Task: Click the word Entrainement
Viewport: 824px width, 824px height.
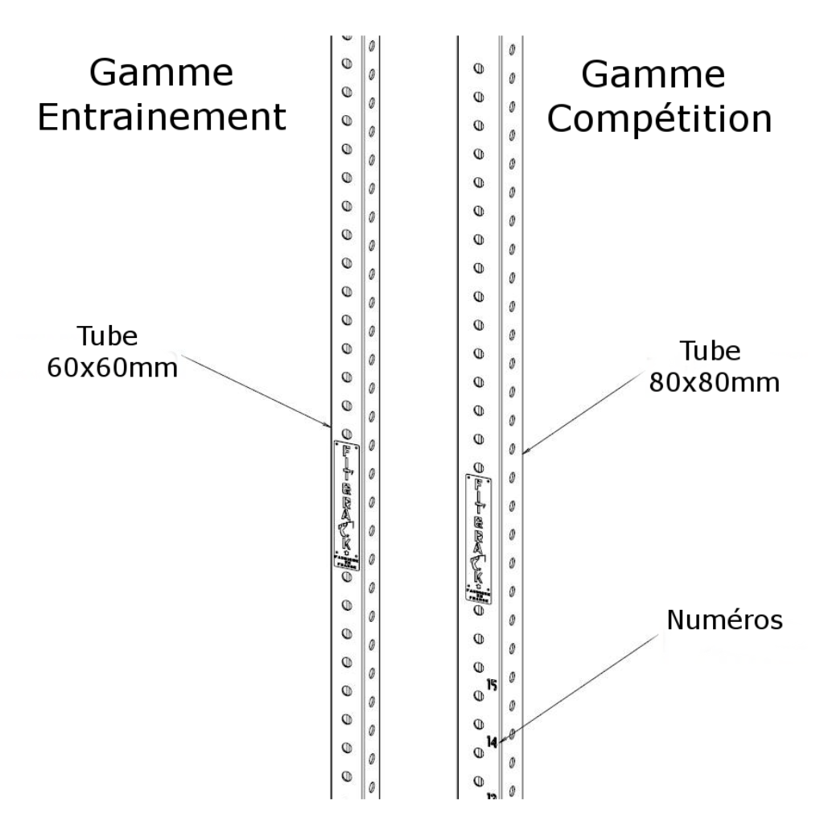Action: (x=163, y=118)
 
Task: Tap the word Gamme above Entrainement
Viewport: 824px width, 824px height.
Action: (x=161, y=74)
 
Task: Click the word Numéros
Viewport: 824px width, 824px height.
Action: (x=725, y=620)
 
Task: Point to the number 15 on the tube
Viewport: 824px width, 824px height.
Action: (x=492, y=685)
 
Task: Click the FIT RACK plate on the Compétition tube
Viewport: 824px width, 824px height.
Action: (x=479, y=538)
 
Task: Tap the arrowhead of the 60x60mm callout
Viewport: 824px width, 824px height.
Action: (x=329, y=424)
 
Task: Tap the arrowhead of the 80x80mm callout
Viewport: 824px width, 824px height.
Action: (x=524, y=453)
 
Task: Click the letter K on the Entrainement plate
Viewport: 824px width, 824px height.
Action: (x=346, y=543)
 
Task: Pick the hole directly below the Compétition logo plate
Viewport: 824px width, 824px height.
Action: (x=478, y=611)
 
